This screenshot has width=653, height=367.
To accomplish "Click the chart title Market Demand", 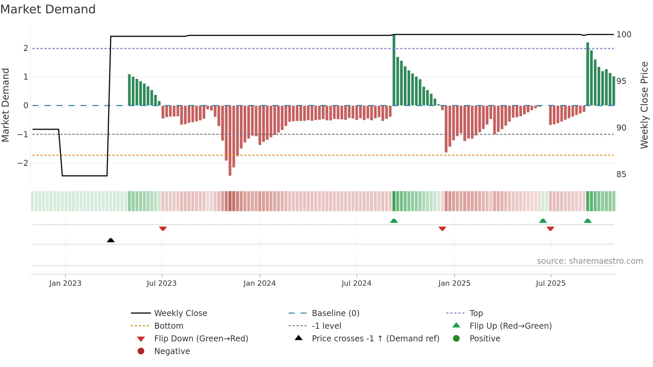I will click(48, 9).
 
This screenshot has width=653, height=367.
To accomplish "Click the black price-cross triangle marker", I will click(111, 240).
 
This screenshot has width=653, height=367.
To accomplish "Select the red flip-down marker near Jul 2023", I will click(163, 228).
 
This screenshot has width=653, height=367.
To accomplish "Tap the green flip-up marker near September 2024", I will click(394, 221).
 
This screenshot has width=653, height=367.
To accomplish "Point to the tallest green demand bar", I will click(394, 70).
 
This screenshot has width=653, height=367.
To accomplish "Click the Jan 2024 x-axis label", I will click(260, 283).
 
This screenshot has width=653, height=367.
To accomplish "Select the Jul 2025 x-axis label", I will click(550, 283).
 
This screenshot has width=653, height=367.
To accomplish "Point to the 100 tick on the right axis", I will click(624, 35).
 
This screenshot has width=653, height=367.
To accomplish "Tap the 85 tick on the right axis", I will click(621, 175).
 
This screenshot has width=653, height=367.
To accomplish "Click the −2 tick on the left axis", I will click(23, 163).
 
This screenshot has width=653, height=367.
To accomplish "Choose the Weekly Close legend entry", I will click(181, 313).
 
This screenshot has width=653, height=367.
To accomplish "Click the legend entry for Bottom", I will click(169, 326).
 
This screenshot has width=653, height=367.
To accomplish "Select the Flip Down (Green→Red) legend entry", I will click(201, 338).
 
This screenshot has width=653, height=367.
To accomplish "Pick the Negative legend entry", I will click(172, 351).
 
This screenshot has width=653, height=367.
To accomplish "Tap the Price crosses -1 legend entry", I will click(375, 338).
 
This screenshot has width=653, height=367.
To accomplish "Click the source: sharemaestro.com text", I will click(590, 261).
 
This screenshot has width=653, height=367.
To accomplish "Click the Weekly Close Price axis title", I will click(644, 105).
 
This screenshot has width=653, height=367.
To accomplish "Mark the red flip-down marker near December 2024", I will click(442, 228).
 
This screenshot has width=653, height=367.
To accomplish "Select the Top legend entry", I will click(476, 313).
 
